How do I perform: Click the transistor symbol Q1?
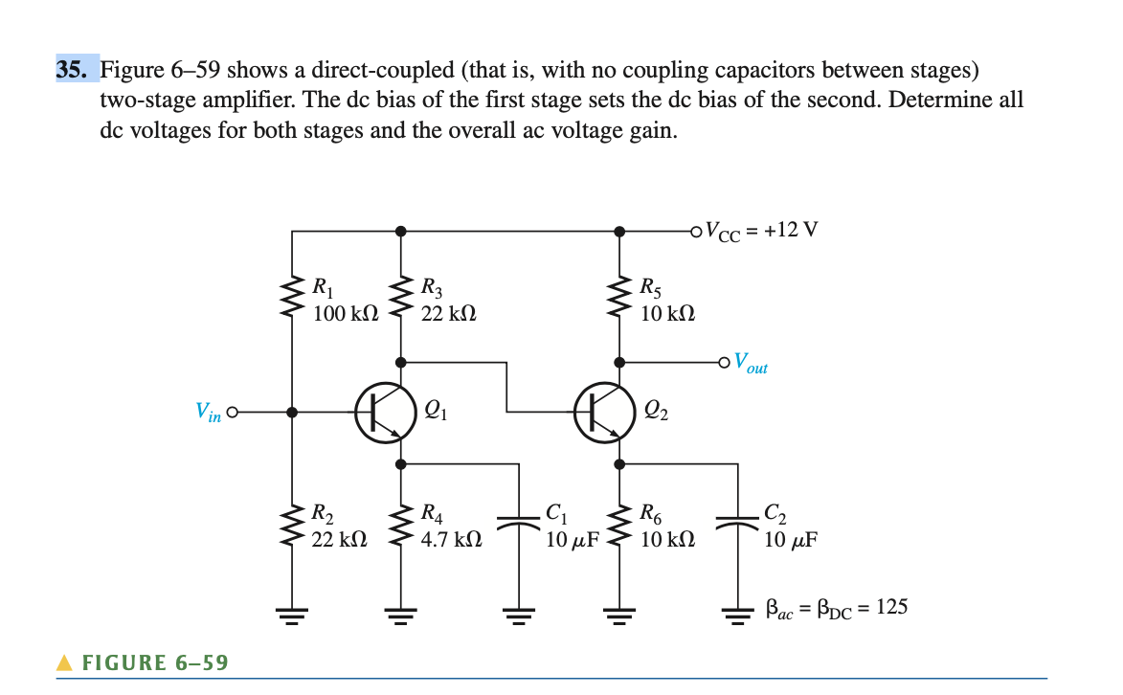(x=385, y=413)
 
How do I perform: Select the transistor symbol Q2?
(x=606, y=413)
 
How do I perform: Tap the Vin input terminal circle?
(x=232, y=413)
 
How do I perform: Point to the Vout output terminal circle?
(x=725, y=362)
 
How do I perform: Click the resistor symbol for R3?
(x=400, y=297)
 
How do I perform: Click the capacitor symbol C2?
(x=738, y=524)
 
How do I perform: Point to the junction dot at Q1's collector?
(x=400, y=362)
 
